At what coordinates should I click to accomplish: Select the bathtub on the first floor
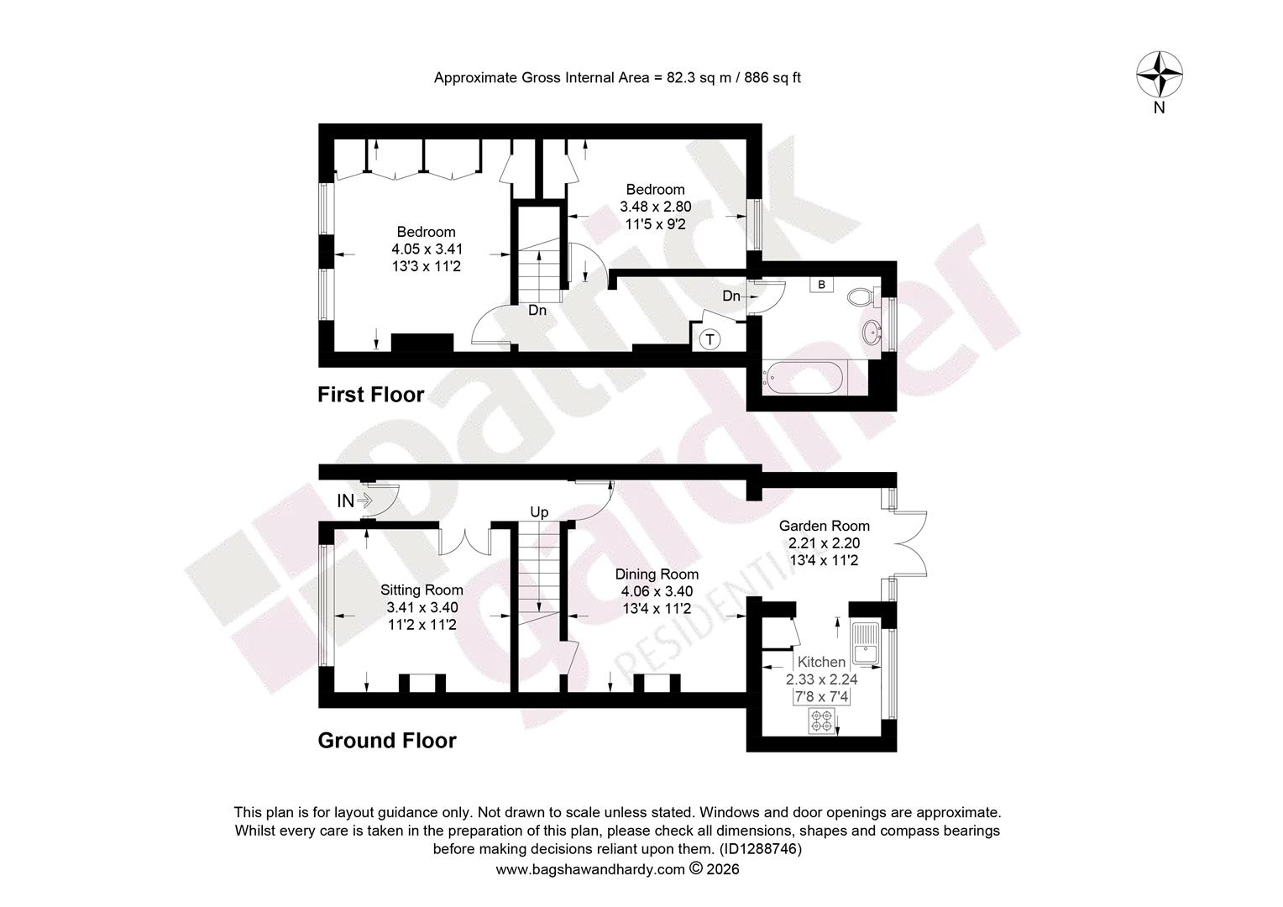click(804, 377)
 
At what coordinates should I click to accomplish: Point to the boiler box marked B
click(821, 285)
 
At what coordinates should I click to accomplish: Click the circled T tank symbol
click(710, 340)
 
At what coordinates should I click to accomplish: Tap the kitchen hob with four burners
click(822, 721)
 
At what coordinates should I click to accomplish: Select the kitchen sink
click(866, 643)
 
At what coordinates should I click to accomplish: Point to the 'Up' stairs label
click(539, 512)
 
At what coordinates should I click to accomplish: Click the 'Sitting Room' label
click(422, 590)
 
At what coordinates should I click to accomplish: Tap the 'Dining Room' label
click(657, 574)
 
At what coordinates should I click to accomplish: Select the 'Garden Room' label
click(825, 526)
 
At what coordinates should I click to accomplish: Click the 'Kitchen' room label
click(821, 662)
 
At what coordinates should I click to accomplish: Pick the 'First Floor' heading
click(370, 394)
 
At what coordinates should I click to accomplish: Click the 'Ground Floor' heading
click(387, 740)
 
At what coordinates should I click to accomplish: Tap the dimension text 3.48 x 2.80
click(655, 207)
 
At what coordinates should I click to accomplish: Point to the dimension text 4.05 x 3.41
click(427, 249)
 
